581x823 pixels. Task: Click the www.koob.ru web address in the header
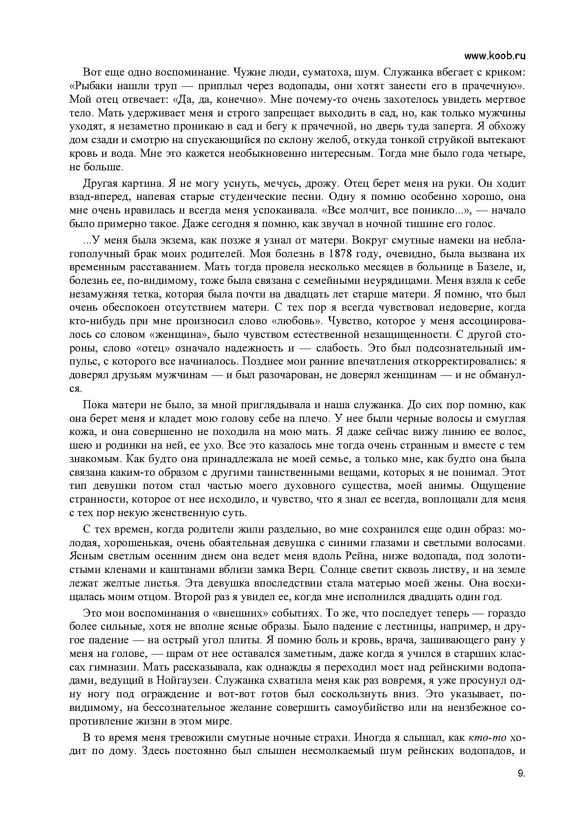pos(495,56)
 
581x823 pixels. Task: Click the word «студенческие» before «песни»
pos(269,197)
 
